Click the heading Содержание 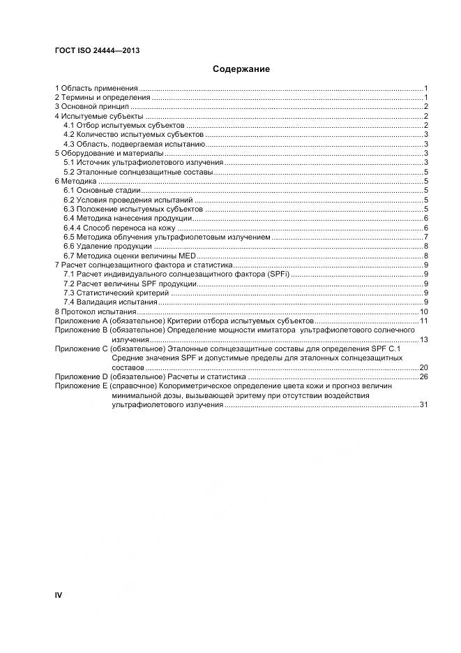[241, 69]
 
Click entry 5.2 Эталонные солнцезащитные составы [137, 171]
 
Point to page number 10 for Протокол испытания [423, 311]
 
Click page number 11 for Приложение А [423, 320]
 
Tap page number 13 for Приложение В [423, 339]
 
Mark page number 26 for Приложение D [423, 376]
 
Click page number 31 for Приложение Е [423, 404]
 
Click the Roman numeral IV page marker [59, 595]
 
